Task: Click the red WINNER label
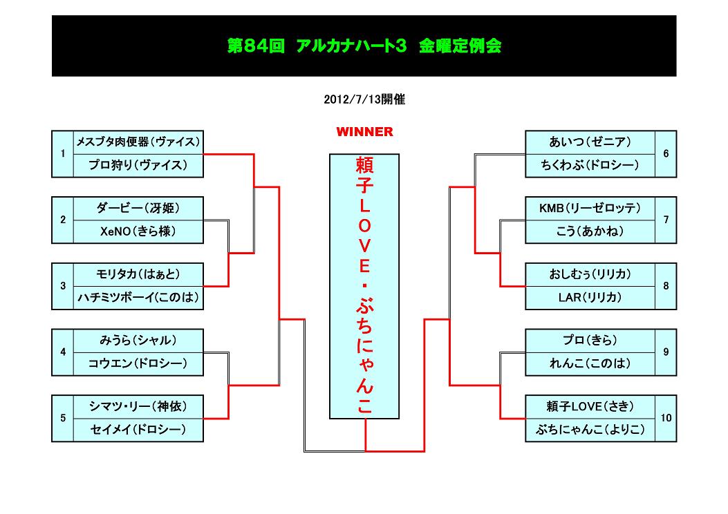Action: point(364,132)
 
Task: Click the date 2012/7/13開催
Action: point(364,99)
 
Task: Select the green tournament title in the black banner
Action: point(364,46)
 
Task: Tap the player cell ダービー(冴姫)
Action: point(138,208)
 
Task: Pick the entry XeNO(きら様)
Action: point(138,231)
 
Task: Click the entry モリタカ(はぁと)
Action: point(138,274)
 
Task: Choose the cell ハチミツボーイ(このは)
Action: point(138,298)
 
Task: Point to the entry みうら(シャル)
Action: point(138,340)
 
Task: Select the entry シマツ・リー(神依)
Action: point(138,406)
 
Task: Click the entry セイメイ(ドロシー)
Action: point(138,430)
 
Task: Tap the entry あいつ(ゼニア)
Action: point(590,142)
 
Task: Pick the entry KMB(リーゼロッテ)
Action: point(590,208)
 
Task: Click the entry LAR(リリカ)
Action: point(590,298)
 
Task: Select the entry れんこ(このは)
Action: point(590,363)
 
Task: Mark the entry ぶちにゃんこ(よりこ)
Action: point(590,430)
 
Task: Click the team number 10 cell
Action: point(666,418)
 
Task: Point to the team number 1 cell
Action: point(62,154)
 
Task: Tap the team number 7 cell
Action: point(666,220)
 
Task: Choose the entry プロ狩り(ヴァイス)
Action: point(138,166)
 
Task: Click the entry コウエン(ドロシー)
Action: point(138,363)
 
